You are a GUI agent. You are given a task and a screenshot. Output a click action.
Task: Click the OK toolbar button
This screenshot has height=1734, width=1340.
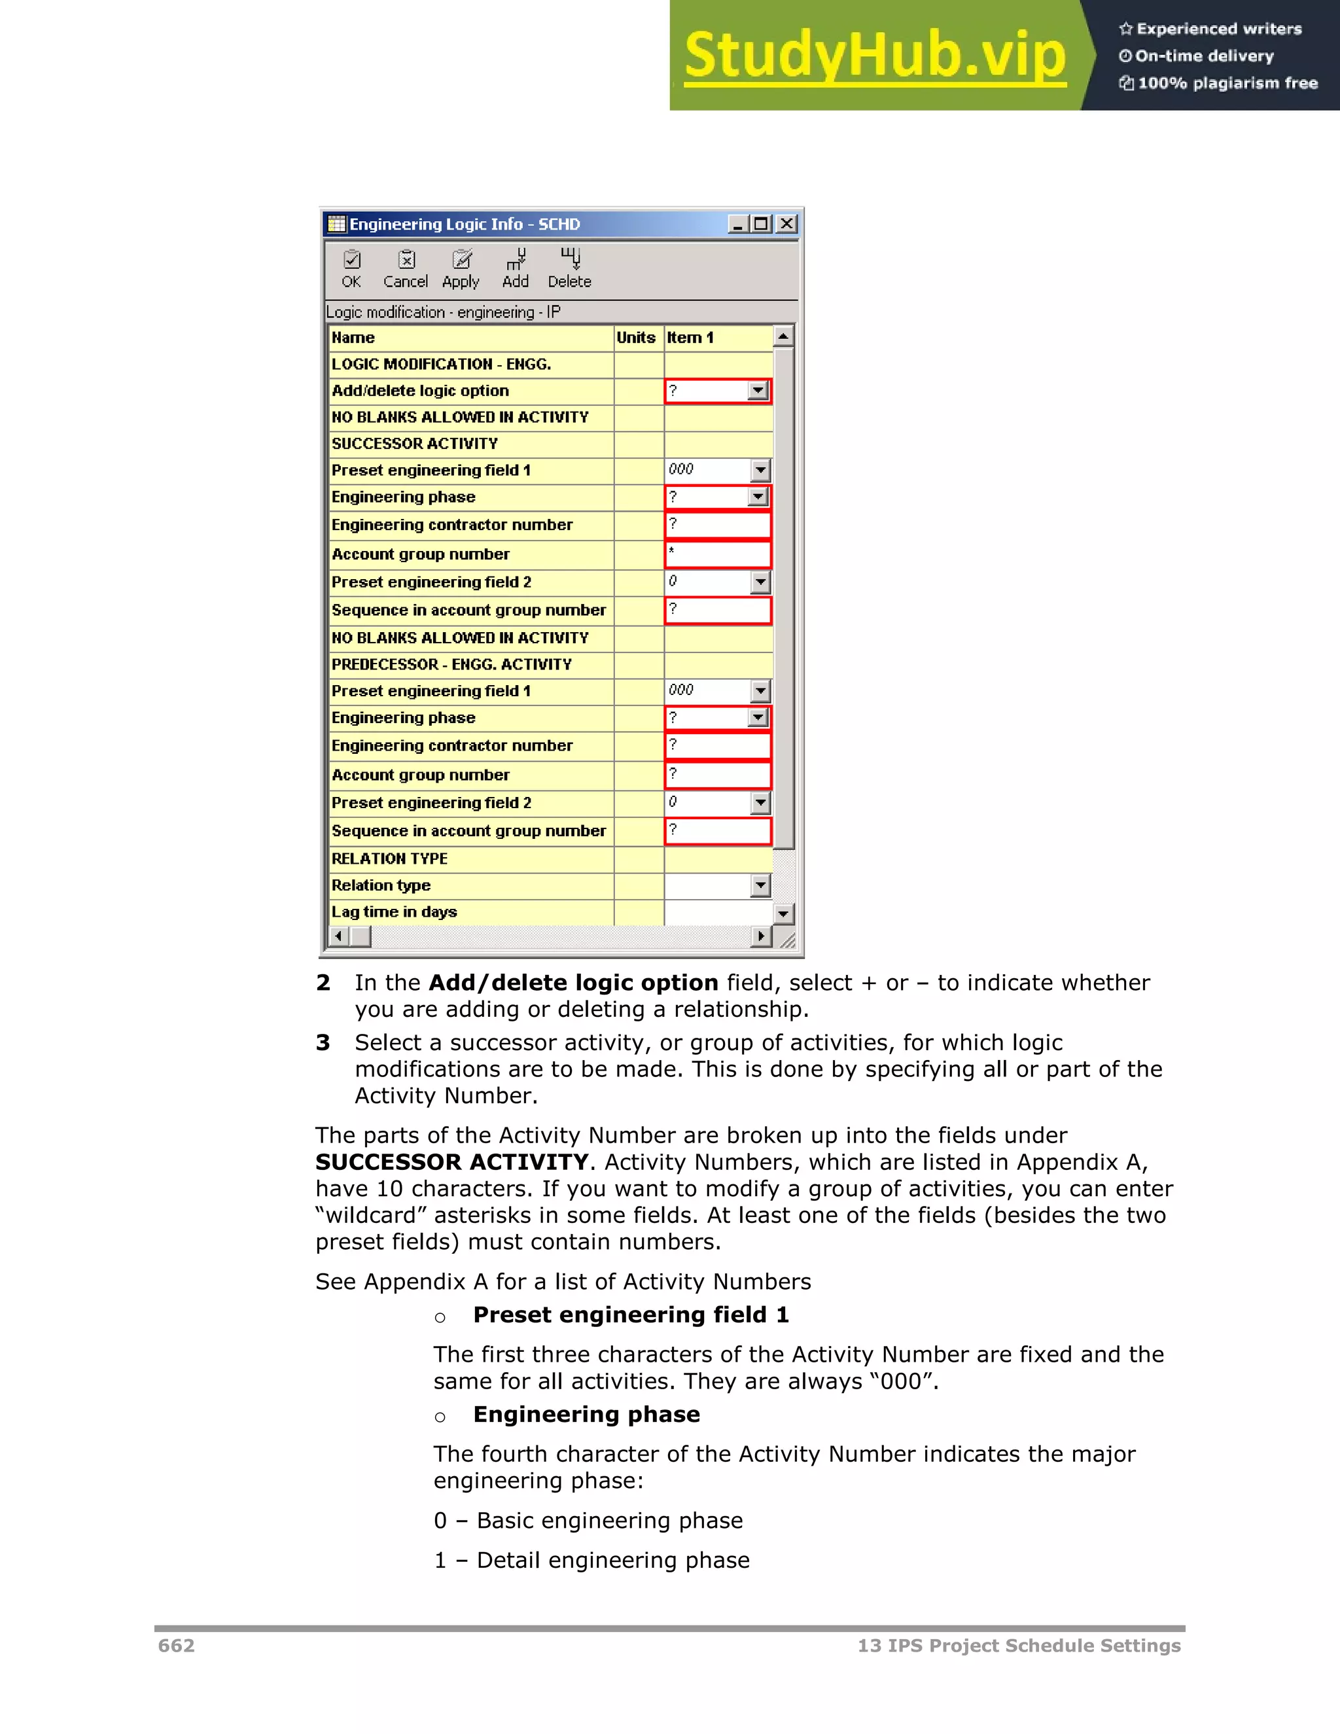[x=351, y=268]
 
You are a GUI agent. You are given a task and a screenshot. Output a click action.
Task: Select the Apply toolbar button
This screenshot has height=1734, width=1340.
[x=461, y=268]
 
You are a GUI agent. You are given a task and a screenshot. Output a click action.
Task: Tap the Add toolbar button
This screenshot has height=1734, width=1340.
[x=515, y=268]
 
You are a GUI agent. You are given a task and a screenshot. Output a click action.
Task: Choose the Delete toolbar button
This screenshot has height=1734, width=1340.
[x=569, y=268]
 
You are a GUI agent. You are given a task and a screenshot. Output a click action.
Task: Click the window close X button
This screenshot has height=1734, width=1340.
[x=786, y=224]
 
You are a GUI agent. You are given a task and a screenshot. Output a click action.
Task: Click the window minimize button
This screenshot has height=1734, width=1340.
[x=737, y=224]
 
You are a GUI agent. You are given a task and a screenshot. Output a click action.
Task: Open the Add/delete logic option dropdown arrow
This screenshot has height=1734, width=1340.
[x=758, y=391]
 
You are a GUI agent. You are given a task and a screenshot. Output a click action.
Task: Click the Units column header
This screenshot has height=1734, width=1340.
[x=636, y=338]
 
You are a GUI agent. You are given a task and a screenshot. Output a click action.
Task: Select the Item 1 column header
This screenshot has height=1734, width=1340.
[x=691, y=338]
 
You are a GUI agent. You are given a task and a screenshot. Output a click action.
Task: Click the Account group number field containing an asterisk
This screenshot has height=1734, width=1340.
[x=717, y=554]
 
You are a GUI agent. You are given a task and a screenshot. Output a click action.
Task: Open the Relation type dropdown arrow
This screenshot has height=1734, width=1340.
[x=760, y=885]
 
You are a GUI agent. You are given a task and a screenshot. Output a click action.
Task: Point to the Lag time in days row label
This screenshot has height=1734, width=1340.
[x=394, y=911]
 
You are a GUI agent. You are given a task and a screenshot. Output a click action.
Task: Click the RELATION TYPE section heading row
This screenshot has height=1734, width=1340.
[x=389, y=858]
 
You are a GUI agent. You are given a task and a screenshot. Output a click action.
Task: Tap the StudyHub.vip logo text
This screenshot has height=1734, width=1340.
[x=875, y=56]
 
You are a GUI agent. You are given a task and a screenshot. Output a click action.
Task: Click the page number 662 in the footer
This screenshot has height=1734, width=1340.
[x=176, y=1645]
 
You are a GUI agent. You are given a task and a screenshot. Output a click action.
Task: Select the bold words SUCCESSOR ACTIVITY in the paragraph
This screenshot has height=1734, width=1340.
[x=451, y=1161]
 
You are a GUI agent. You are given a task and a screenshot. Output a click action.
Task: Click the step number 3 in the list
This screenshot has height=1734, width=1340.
[x=323, y=1042]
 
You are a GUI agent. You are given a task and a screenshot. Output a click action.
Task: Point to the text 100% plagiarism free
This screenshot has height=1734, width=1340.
[x=1227, y=82]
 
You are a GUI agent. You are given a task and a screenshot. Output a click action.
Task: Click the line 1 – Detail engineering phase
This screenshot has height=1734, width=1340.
[x=591, y=1559]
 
